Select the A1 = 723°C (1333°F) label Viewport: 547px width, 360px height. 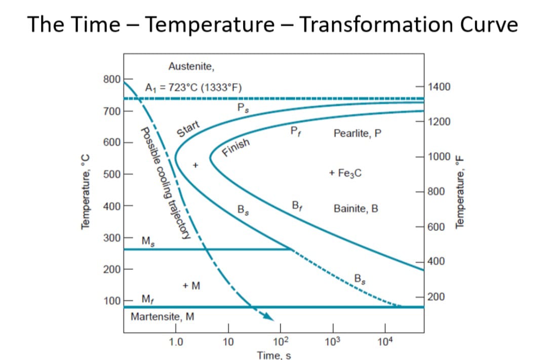point(193,87)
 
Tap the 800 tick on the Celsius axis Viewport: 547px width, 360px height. point(111,79)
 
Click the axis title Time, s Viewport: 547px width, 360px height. point(273,355)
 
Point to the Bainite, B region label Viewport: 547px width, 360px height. point(356,209)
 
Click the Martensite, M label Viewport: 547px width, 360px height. point(162,317)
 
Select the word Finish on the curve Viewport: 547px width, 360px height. point(236,147)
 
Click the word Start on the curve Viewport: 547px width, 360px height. point(188,129)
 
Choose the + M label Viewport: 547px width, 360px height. point(191,286)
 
